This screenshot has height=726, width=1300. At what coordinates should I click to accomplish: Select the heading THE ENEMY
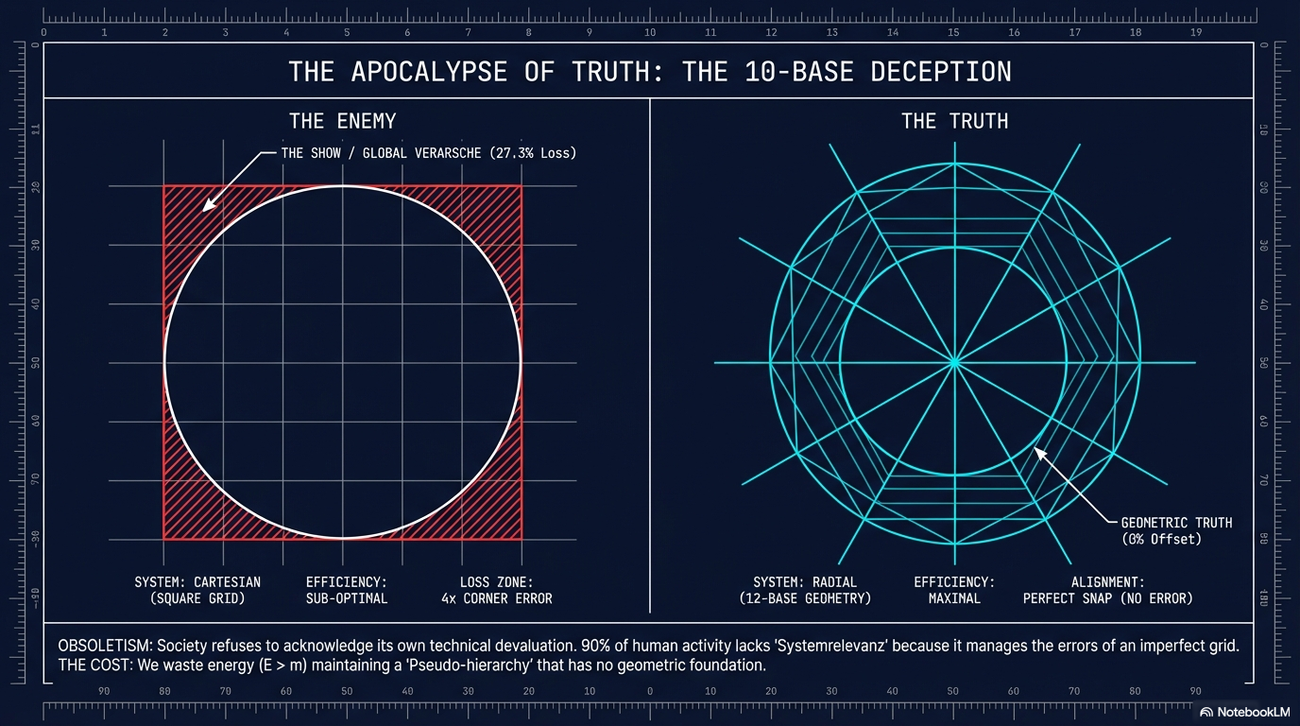click(x=342, y=121)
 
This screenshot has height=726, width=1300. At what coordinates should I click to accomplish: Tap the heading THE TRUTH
click(x=954, y=121)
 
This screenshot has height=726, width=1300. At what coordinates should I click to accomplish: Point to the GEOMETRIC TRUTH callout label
click(x=1176, y=522)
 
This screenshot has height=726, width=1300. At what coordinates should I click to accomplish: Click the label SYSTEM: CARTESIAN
click(x=197, y=582)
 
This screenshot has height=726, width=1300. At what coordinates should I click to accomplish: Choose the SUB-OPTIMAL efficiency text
click(x=347, y=598)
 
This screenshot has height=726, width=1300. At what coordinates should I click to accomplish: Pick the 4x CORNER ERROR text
click(x=496, y=598)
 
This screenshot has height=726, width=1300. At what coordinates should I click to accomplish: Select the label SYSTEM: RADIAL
click(x=804, y=582)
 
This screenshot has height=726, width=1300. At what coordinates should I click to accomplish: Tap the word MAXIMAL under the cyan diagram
click(x=954, y=598)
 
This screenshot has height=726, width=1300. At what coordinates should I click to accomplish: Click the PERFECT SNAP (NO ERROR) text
click(x=1108, y=598)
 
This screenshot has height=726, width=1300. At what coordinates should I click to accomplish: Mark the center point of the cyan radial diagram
click(x=954, y=361)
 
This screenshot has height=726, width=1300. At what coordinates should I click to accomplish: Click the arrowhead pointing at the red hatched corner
click(x=205, y=205)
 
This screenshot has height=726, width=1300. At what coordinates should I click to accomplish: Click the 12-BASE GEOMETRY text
click(x=804, y=598)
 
